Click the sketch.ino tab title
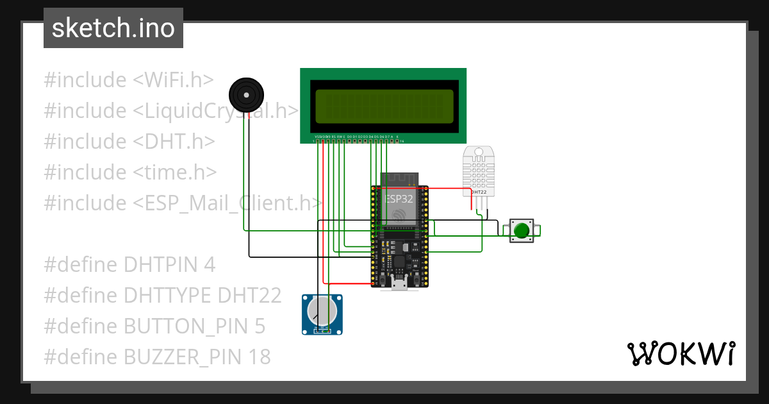(x=113, y=28)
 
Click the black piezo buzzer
(x=246, y=95)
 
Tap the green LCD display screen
(x=384, y=106)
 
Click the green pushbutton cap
(x=522, y=230)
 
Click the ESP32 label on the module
(x=399, y=199)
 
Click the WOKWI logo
(x=681, y=354)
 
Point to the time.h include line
(x=131, y=173)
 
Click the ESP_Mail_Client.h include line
(x=183, y=203)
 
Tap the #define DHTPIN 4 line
(x=129, y=264)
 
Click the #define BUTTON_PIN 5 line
(x=154, y=326)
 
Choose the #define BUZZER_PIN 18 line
(x=157, y=357)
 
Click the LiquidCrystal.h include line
(x=170, y=111)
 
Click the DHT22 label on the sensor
(x=479, y=192)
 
